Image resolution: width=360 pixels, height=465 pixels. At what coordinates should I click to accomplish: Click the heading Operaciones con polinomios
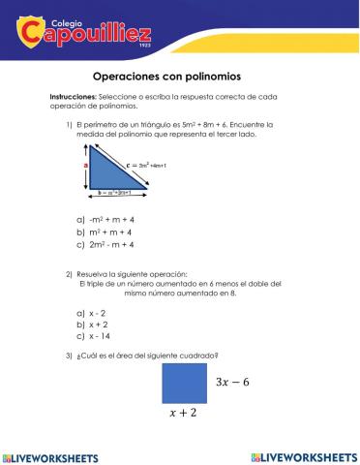(x=179, y=76)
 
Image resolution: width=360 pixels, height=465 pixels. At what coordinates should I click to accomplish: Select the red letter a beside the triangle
(x=85, y=166)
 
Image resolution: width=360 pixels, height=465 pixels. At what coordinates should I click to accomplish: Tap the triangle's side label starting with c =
(x=146, y=166)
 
